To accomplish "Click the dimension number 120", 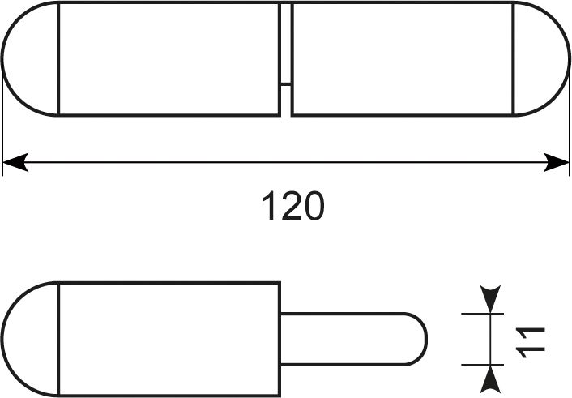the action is point(293,205).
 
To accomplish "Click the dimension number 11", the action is point(531,343).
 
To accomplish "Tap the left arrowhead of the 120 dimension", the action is point(15,162).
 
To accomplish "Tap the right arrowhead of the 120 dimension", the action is point(557,162).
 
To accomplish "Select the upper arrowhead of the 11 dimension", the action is point(490,298).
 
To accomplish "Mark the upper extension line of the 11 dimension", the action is point(482,314).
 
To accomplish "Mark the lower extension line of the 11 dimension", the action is point(482,365).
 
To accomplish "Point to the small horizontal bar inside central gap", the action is point(286,84).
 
